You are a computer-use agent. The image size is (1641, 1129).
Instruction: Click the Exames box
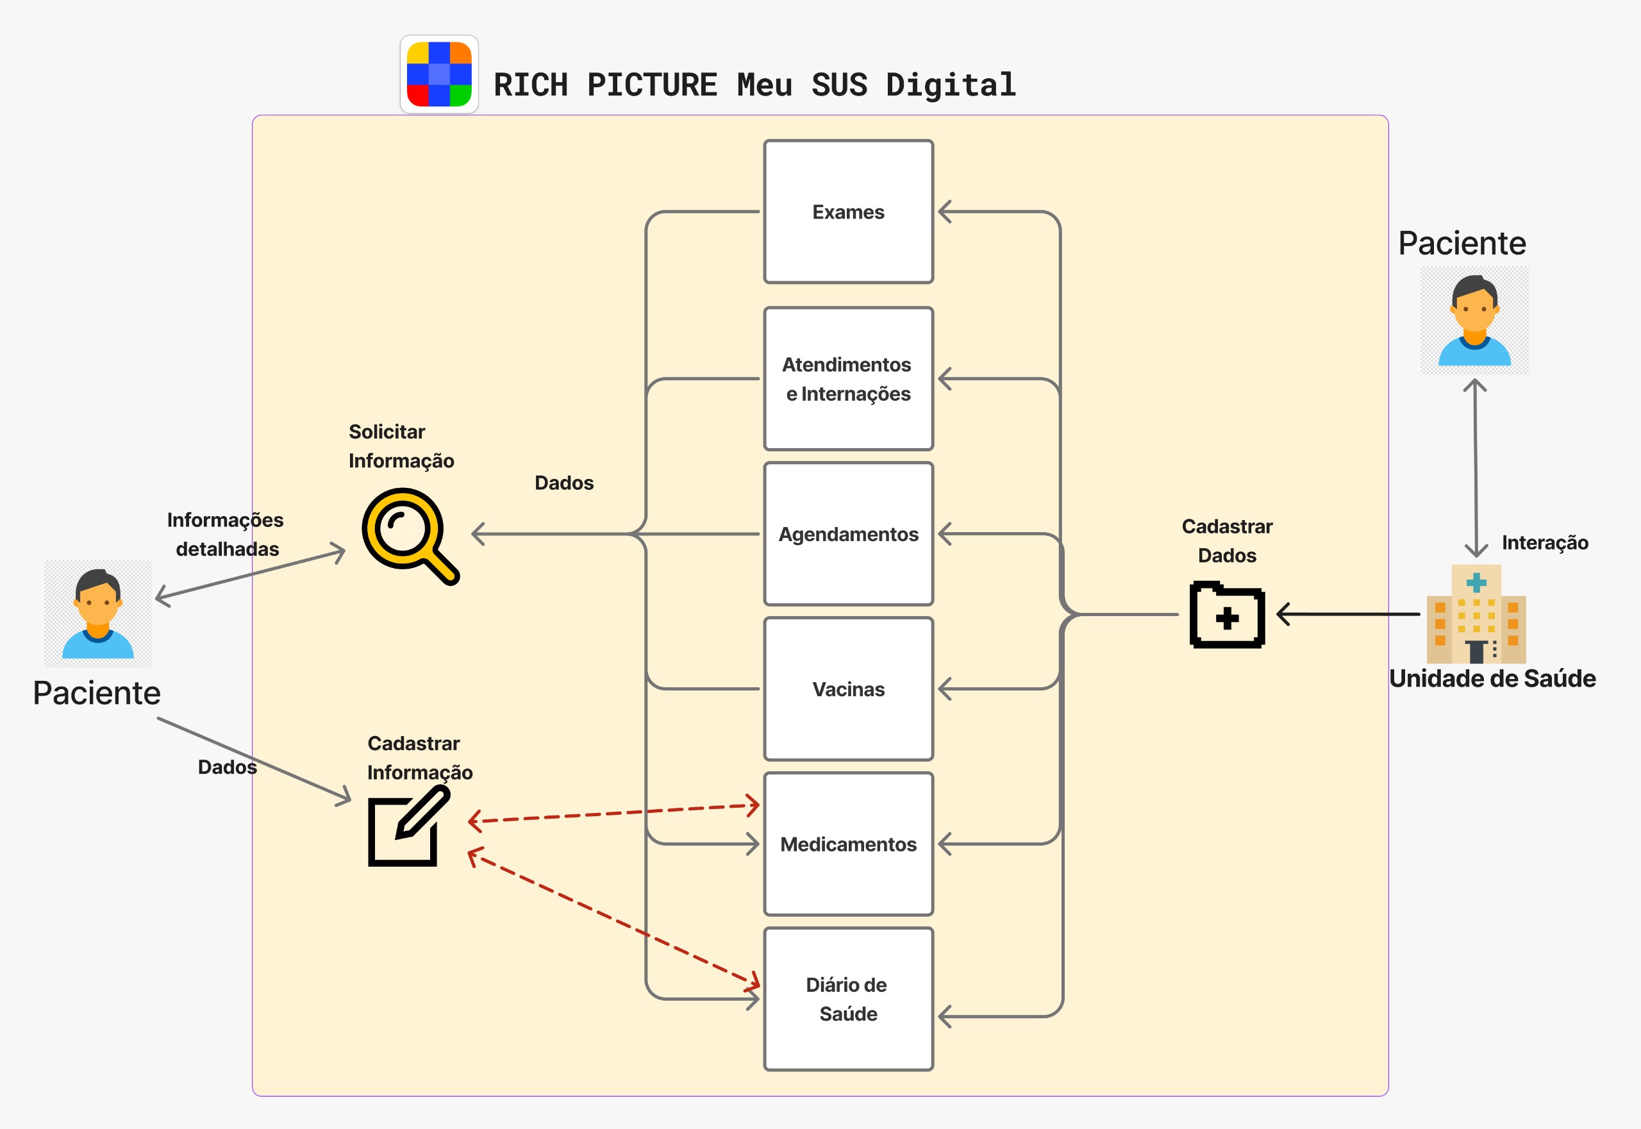[x=848, y=212]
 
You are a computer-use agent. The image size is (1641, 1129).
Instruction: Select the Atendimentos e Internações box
[x=848, y=378]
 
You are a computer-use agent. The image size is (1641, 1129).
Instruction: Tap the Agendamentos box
[x=848, y=534]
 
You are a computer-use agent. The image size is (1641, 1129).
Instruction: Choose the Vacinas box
[x=848, y=689]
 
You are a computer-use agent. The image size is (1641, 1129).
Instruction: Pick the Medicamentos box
[x=848, y=844]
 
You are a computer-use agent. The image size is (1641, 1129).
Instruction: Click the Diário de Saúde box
[x=848, y=999]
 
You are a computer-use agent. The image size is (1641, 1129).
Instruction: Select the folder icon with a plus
[x=1227, y=615]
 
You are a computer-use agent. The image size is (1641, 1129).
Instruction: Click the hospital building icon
[x=1476, y=614]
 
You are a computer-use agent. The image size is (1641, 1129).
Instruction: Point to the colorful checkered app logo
[x=439, y=74]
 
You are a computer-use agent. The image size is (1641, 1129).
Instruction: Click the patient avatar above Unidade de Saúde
[x=1475, y=321]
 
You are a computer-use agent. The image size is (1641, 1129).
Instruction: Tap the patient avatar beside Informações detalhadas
[x=97, y=614]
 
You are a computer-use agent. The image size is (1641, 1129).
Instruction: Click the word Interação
[x=1545, y=542]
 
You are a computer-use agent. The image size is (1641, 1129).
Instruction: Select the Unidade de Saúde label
[x=1492, y=678]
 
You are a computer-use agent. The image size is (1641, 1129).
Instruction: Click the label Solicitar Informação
[x=401, y=446]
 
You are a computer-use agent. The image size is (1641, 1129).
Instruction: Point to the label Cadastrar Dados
[x=1227, y=540]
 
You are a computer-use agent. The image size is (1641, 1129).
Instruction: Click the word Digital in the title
[x=951, y=85]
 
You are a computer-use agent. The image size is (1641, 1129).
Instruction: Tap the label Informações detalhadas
[x=226, y=534]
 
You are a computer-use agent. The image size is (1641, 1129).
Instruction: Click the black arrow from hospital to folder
[x=1348, y=614]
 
